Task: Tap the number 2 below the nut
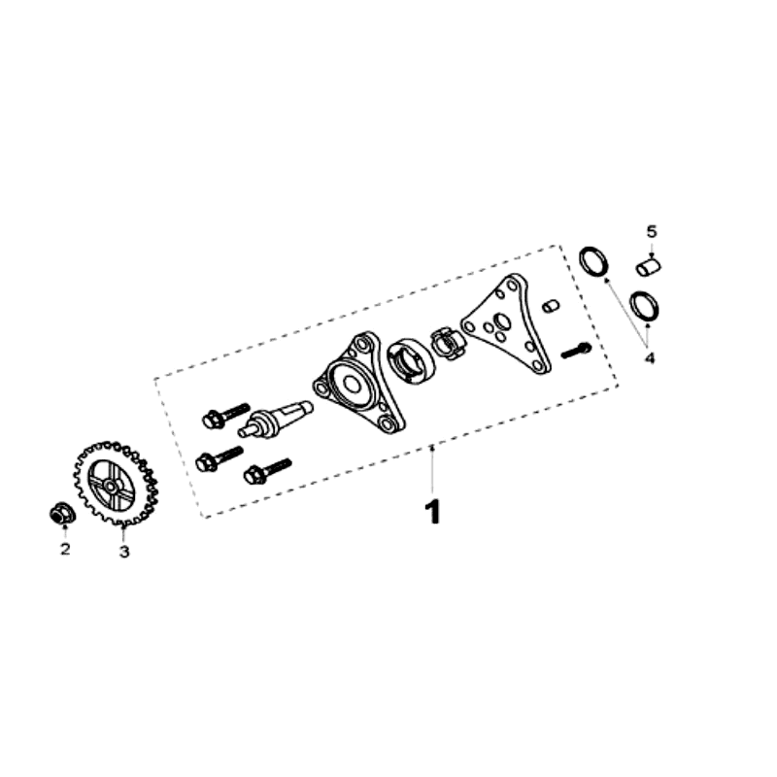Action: pos(65,551)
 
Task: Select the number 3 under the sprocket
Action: pos(124,552)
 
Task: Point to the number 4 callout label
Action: pos(650,357)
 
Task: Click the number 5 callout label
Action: pos(652,231)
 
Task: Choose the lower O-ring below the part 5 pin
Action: pos(645,304)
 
